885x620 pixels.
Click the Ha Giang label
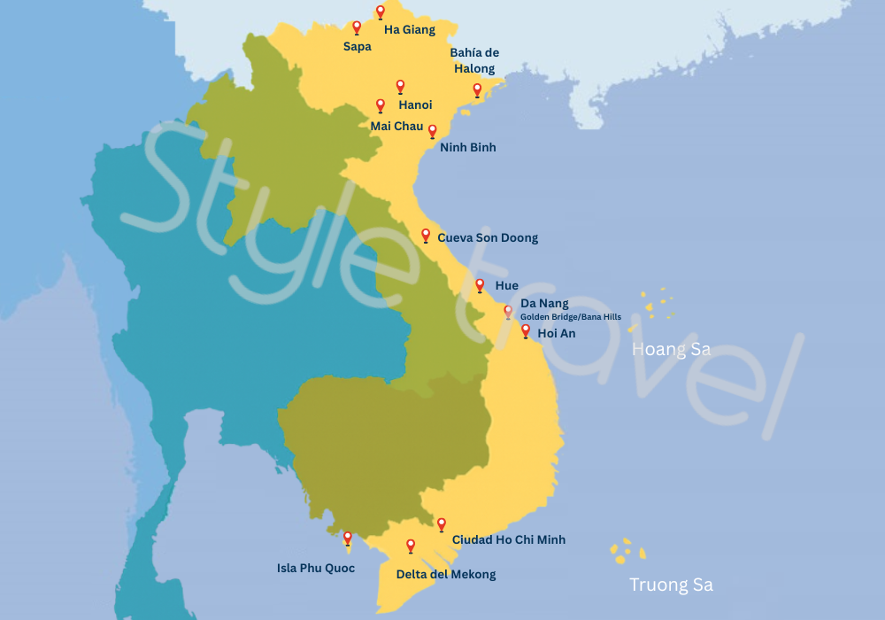click(x=409, y=30)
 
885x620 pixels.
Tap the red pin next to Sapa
click(x=357, y=27)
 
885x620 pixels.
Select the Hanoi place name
click(x=415, y=105)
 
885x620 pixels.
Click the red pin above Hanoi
click(x=400, y=86)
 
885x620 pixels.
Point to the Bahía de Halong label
click(x=474, y=60)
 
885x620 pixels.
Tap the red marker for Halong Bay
click(x=477, y=89)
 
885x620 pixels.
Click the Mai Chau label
click(x=396, y=127)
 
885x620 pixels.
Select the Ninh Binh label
click(x=467, y=148)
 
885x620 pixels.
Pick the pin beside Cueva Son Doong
click(x=426, y=235)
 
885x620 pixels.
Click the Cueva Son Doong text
click(x=488, y=238)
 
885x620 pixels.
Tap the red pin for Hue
click(x=480, y=285)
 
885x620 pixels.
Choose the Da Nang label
click(x=544, y=304)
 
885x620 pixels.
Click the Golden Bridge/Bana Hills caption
click(x=570, y=317)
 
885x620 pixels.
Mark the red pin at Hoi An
click(x=526, y=331)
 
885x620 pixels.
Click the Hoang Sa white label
click(x=671, y=350)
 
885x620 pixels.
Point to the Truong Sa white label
click(x=671, y=585)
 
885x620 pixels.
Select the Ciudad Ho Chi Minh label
click(x=508, y=539)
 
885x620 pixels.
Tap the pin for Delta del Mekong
click(x=411, y=546)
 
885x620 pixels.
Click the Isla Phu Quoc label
click(x=316, y=569)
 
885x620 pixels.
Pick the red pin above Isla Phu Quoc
click(x=348, y=538)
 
